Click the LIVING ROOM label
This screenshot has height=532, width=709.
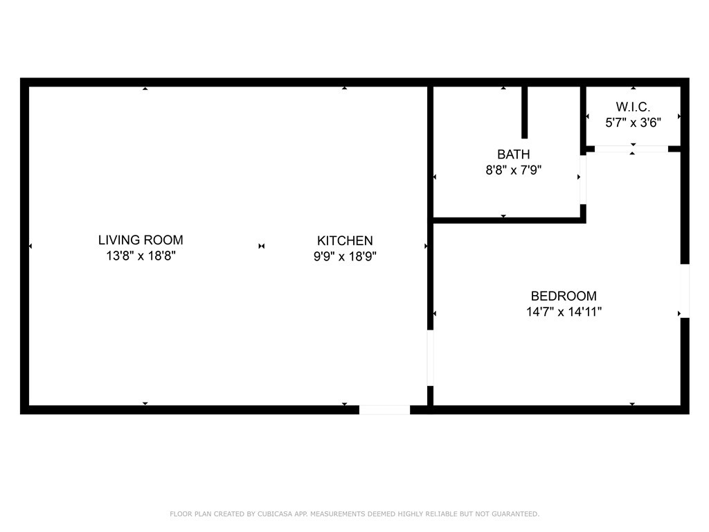(141, 240)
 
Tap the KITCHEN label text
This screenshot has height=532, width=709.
(345, 241)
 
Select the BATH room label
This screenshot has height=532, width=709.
(513, 154)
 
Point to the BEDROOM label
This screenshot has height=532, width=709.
(564, 296)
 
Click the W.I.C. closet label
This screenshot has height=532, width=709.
(633, 107)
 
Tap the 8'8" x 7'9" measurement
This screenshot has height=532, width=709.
(513, 170)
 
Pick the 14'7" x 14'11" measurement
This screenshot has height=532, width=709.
(564, 312)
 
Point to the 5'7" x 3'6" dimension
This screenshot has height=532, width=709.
(633, 123)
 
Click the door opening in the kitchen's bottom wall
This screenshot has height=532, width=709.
(384, 410)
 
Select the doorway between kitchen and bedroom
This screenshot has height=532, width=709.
(430, 357)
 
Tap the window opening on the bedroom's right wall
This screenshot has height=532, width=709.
(685, 291)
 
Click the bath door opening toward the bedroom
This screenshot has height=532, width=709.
(583, 179)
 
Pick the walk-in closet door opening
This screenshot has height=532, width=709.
(631, 148)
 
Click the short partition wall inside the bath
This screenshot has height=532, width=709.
(525, 112)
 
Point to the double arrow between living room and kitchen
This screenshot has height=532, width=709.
(261, 246)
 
